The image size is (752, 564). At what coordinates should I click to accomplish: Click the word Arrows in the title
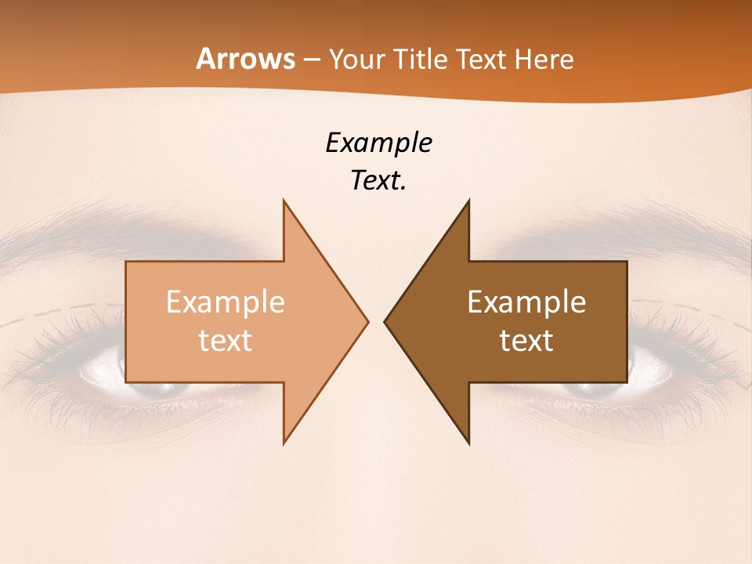246,59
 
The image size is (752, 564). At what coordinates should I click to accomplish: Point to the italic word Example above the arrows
378,143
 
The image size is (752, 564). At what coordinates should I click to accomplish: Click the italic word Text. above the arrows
378,181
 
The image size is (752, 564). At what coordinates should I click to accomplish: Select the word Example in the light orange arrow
226,302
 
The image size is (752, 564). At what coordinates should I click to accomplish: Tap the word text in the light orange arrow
226,341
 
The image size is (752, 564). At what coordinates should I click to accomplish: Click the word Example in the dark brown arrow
526,302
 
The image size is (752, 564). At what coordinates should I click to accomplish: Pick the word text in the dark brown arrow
526,341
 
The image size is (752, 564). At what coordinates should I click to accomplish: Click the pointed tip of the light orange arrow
367,321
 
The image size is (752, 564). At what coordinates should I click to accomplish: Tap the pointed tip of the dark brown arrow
385,321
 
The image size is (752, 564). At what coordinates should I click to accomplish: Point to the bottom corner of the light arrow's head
284,443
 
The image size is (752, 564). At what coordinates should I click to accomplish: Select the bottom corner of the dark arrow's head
468,443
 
